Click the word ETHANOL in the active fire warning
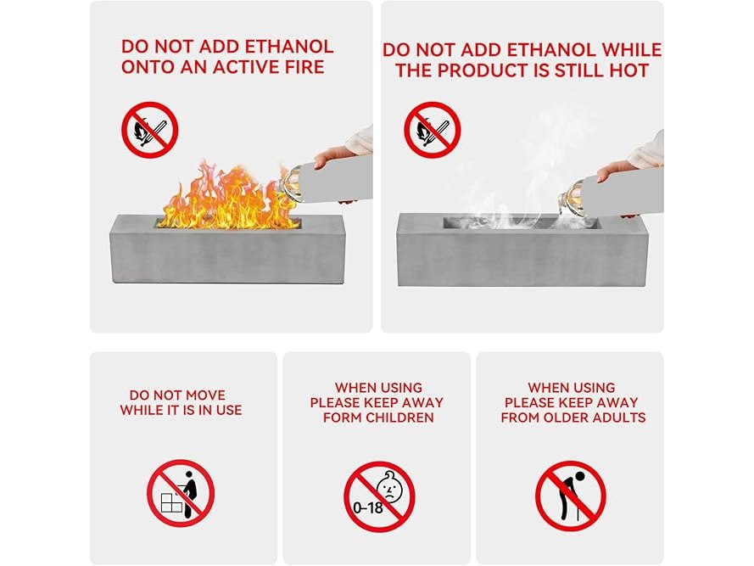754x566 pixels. coord(289,46)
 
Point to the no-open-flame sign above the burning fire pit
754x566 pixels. coord(149,130)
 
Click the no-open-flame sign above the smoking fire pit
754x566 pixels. coord(433,130)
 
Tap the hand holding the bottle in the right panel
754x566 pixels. coord(616,170)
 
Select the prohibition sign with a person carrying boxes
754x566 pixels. coord(181,493)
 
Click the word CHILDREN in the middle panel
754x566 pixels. coord(399,417)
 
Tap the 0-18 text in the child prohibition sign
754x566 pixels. coord(368,507)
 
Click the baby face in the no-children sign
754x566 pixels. coord(389,486)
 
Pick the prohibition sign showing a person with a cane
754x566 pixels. coord(571,496)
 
